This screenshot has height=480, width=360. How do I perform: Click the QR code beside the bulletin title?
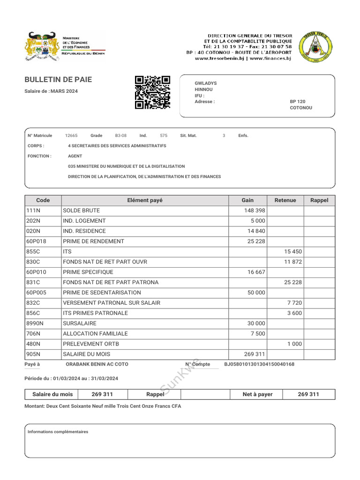point(152,92)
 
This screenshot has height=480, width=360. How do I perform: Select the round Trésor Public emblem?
point(315,47)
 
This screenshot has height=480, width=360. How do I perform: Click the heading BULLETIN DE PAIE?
point(58,80)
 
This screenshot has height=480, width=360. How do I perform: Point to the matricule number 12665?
point(71,135)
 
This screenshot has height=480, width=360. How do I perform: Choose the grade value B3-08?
point(121,135)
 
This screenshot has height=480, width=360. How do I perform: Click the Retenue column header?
point(285,200)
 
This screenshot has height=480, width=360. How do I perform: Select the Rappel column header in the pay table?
point(319,200)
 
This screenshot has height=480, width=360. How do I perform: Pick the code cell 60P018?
point(36,241)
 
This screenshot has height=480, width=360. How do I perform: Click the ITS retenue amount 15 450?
point(293,252)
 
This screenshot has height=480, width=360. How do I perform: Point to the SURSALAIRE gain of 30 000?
point(256,323)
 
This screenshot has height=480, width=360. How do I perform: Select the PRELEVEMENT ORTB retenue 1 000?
point(295,344)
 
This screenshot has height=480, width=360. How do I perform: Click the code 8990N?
point(35,323)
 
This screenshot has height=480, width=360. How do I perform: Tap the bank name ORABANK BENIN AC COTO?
point(97,364)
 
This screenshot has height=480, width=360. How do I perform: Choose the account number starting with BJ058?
point(259,364)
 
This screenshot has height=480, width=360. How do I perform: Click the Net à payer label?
point(257,394)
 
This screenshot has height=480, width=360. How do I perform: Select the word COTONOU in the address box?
point(301,108)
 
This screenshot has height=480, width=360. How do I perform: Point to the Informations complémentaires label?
point(58,432)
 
